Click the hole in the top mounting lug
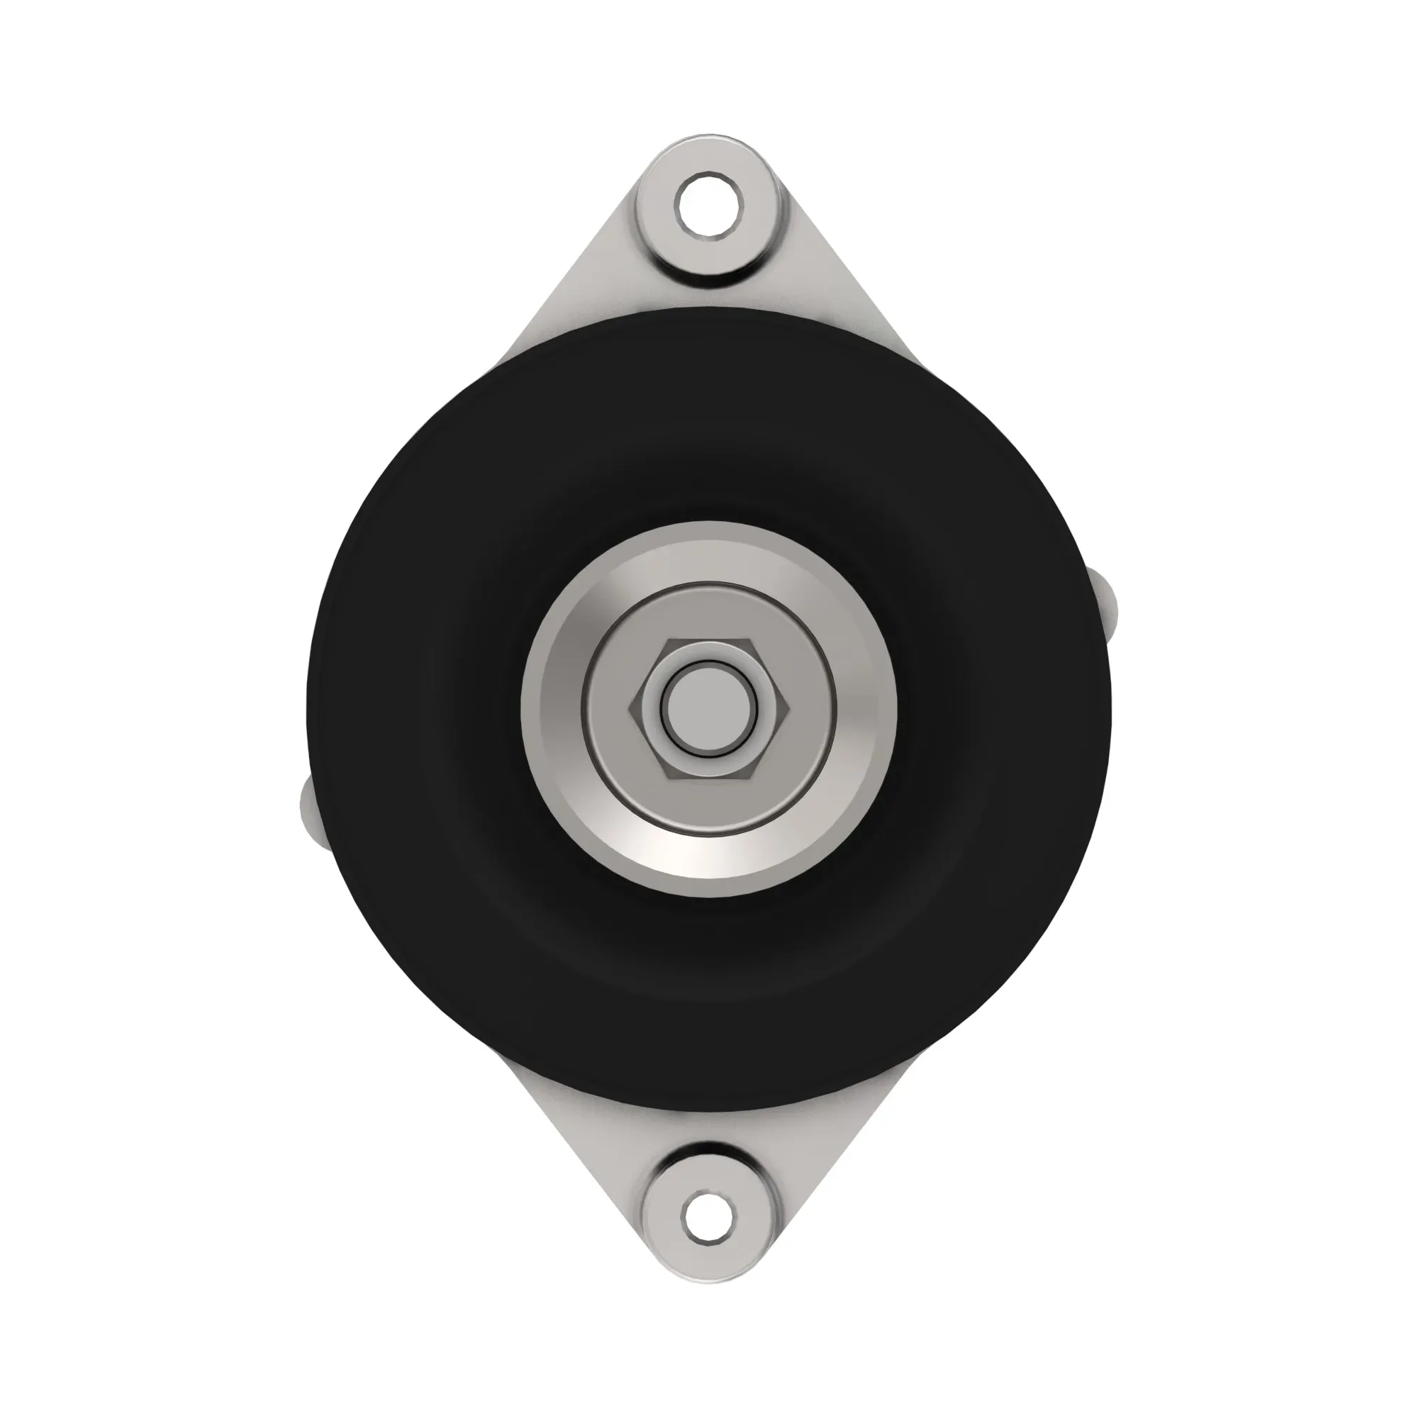pos(709,204)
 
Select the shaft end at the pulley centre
pos(709,708)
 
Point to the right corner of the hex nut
pos(787,708)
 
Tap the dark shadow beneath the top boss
pos(709,290)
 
